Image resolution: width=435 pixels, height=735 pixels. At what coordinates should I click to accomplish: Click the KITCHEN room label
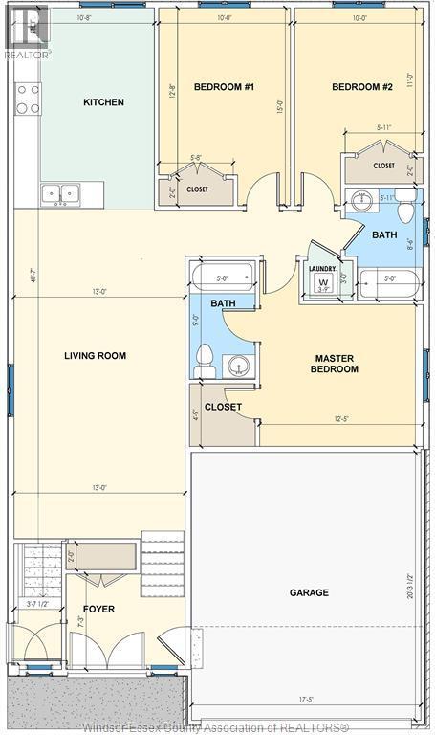click(103, 102)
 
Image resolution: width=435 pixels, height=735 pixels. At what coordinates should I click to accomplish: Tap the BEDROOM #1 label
click(224, 87)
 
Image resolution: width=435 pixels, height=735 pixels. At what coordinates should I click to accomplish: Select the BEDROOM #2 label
click(362, 87)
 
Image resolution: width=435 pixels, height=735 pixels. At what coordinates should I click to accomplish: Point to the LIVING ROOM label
click(95, 356)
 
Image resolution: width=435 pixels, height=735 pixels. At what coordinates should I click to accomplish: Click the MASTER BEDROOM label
click(336, 364)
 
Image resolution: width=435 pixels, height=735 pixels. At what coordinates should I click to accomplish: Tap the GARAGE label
click(309, 592)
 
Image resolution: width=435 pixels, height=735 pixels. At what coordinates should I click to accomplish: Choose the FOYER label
click(98, 606)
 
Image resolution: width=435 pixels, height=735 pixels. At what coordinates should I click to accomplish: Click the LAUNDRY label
click(322, 269)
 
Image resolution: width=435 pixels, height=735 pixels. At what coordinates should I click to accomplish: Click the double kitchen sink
click(59, 194)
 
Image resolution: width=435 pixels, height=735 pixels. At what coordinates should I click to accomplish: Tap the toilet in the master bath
click(203, 361)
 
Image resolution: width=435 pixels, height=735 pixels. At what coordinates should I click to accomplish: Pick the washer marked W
click(322, 283)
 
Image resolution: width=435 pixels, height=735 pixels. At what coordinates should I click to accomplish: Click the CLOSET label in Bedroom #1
click(197, 189)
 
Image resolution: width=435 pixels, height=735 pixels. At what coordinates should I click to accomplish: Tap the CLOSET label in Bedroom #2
click(383, 166)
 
